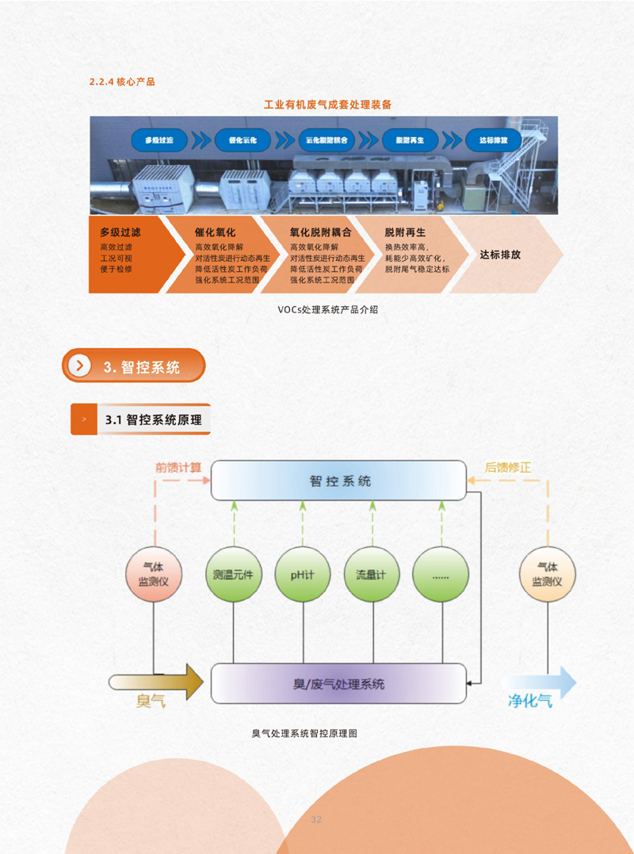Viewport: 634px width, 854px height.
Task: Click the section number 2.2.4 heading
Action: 123,81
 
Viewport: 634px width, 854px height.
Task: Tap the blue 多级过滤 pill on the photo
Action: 158,140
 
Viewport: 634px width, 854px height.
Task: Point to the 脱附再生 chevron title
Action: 406,233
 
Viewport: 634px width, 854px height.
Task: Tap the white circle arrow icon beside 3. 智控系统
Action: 80,366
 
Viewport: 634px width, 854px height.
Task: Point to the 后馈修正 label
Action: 508,466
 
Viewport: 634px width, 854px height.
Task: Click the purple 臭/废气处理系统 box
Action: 338,684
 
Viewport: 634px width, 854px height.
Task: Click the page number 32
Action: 316,819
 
